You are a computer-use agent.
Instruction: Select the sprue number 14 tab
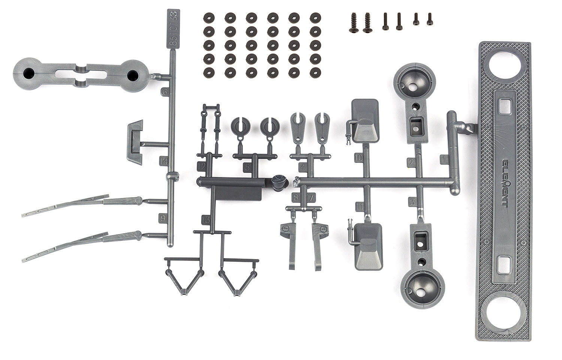point(163,161)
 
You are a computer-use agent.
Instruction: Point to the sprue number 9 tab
point(163,218)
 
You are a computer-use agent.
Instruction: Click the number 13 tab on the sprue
point(206,220)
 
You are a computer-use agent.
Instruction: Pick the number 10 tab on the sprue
point(359,158)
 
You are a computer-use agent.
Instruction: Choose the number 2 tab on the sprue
point(411,162)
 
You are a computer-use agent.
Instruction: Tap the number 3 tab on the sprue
point(413,202)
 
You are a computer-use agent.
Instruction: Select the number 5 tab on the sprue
point(247,167)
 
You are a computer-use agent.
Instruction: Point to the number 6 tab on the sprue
point(164,91)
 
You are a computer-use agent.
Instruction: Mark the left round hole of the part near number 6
point(28,74)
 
